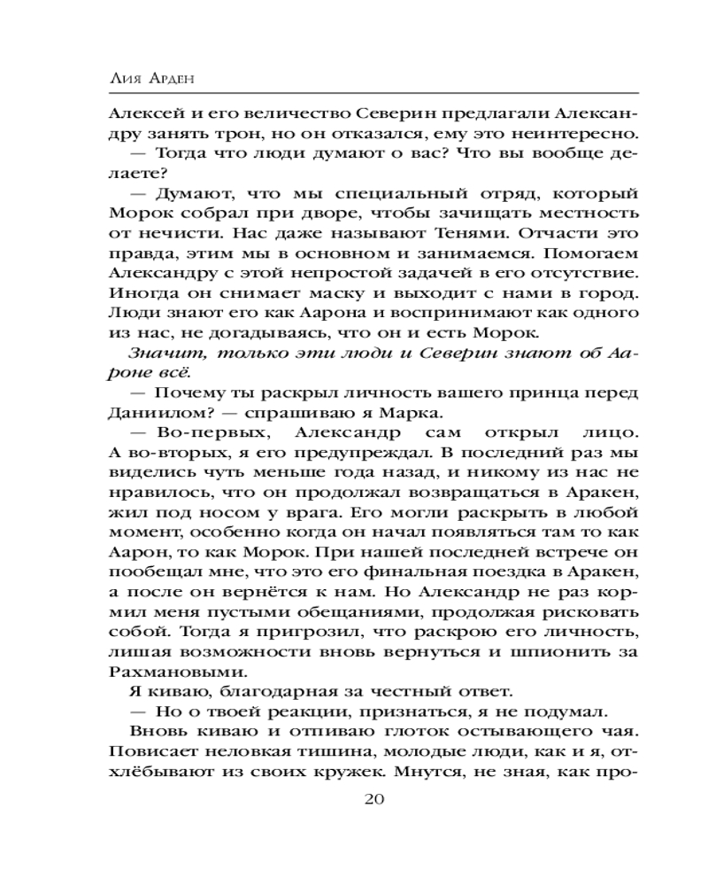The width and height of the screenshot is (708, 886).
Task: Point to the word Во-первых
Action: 212,434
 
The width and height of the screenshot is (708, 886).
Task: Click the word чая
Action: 619,727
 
